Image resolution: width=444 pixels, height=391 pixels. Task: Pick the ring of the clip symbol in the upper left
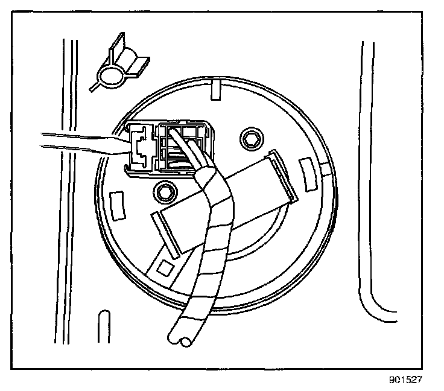point(110,75)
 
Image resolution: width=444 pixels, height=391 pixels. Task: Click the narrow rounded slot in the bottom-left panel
point(103,326)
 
